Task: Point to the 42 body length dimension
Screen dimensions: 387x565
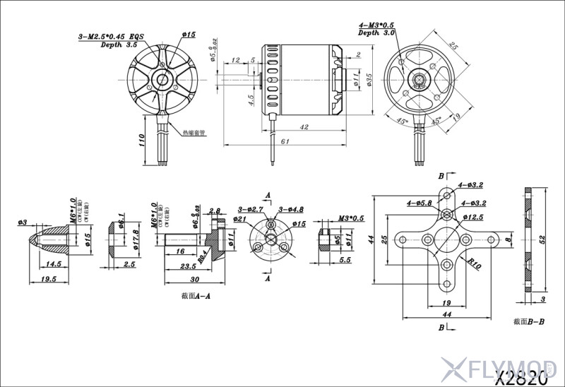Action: pos(304,127)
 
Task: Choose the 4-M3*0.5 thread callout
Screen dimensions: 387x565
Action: pos(377,25)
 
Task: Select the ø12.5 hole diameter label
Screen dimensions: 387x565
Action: pos(472,218)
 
